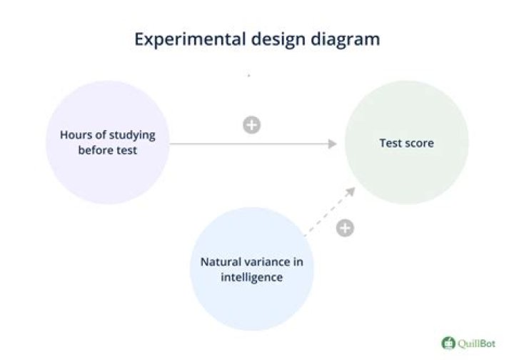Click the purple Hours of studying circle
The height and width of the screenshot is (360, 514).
pyautogui.click(x=108, y=142)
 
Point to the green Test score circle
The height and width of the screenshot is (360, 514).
pyautogui.click(x=406, y=143)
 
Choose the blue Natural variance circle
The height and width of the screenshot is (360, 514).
pyautogui.click(x=251, y=269)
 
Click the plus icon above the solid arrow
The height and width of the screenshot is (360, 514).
pyautogui.click(x=251, y=125)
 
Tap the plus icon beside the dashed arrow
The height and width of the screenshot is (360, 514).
pyautogui.click(x=345, y=229)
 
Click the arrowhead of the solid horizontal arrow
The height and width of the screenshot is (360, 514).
pyautogui.click(x=332, y=144)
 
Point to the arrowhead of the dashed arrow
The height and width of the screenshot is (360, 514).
pyautogui.click(x=351, y=191)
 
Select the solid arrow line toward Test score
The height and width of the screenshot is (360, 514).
pyautogui.click(x=250, y=144)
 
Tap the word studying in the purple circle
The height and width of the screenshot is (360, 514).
pyautogui.click(x=131, y=136)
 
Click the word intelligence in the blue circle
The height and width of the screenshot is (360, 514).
pyautogui.click(x=251, y=277)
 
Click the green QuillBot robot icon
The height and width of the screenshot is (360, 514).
pyautogui.click(x=448, y=343)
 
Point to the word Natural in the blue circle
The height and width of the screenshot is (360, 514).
pyautogui.click(x=221, y=262)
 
